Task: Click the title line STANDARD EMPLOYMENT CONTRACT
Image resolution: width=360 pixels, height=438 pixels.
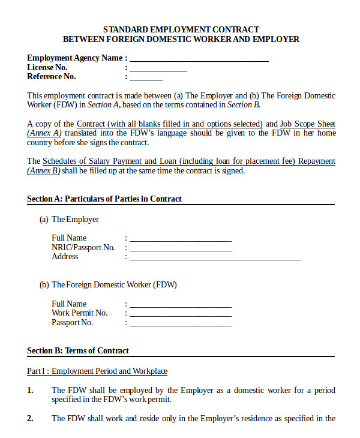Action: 181,29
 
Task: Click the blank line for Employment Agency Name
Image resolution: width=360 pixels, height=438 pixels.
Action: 199,59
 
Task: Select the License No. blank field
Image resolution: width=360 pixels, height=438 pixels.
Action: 158,69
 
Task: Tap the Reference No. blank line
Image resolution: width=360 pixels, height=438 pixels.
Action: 146,78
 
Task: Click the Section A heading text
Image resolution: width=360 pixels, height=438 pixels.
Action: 104,199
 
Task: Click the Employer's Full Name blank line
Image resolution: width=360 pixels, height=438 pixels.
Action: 180,239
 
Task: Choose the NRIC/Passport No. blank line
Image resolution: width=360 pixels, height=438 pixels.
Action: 180,248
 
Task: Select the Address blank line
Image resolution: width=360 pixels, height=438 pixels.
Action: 215,258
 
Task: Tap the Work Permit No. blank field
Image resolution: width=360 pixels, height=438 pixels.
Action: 180,314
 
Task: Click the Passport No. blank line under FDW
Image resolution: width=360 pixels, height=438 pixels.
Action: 180,324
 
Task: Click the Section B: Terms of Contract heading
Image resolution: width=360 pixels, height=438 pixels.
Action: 78,350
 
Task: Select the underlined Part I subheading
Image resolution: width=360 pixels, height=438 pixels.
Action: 97,371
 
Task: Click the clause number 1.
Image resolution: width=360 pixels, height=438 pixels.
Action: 30,390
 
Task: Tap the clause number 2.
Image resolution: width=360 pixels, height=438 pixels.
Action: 30,418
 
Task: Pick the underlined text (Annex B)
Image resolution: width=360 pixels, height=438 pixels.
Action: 44,170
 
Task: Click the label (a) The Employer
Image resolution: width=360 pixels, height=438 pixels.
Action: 69,219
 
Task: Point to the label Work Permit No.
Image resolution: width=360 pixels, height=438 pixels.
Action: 79,313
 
